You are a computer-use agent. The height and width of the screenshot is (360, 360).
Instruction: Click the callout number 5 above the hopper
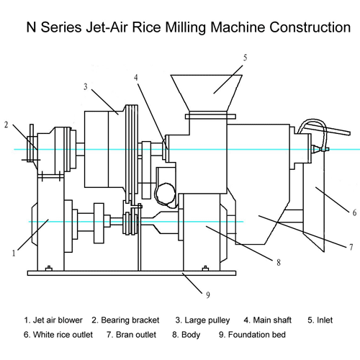(245, 58)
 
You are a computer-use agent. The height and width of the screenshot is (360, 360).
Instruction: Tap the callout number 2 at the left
(6, 125)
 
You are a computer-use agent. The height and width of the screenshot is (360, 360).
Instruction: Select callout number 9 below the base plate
(208, 295)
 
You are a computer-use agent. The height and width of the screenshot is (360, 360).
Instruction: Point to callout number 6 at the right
(354, 212)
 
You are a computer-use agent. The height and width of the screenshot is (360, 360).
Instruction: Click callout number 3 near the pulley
(86, 86)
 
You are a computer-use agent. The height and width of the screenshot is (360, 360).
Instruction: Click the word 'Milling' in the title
(185, 27)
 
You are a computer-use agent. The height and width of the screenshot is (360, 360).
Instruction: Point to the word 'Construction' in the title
(310, 27)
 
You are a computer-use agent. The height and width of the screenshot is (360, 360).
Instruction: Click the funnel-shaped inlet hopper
(207, 93)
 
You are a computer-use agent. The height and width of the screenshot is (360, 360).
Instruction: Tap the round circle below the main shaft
(166, 194)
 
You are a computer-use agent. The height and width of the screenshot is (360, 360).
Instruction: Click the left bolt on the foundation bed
(49, 269)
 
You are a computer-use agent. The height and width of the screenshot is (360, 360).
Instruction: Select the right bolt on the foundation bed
(205, 269)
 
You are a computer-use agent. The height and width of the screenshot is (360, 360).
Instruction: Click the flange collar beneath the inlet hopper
(210, 117)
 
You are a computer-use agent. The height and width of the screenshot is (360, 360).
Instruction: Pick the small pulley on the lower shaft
(131, 221)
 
